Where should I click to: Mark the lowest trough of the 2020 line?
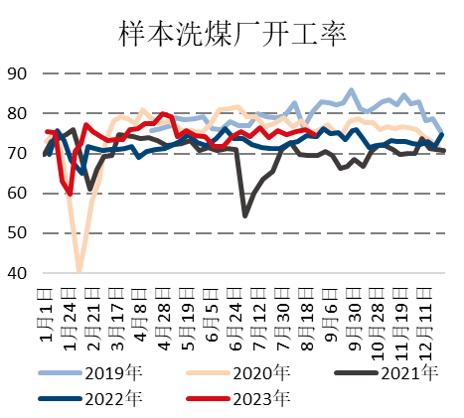coord(78,270)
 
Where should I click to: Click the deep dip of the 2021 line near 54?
coord(245,214)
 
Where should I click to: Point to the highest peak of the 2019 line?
coord(352,90)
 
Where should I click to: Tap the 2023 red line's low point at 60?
coord(70,193)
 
